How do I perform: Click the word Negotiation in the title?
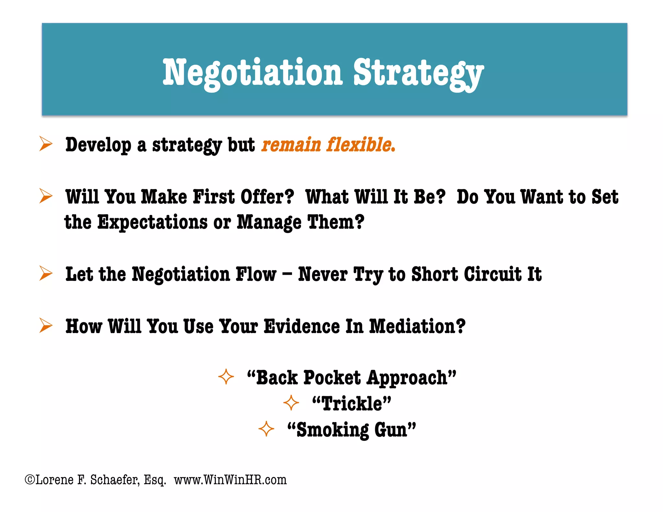coord(252,73)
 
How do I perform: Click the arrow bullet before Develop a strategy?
coord(46,144)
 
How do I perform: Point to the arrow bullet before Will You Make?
coord(46,196)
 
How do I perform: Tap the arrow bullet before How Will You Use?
coord(46,325)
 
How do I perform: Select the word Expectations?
coord(152,222)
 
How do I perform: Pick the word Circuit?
coord(493,274)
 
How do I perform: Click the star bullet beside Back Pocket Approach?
coord(226,377)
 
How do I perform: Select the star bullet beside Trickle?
coord(291,403)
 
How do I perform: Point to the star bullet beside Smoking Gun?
coord(266,429)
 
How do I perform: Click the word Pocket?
coord(332,378)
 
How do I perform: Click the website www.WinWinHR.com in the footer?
coord(230,480)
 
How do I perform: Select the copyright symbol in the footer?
coord(30,479)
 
